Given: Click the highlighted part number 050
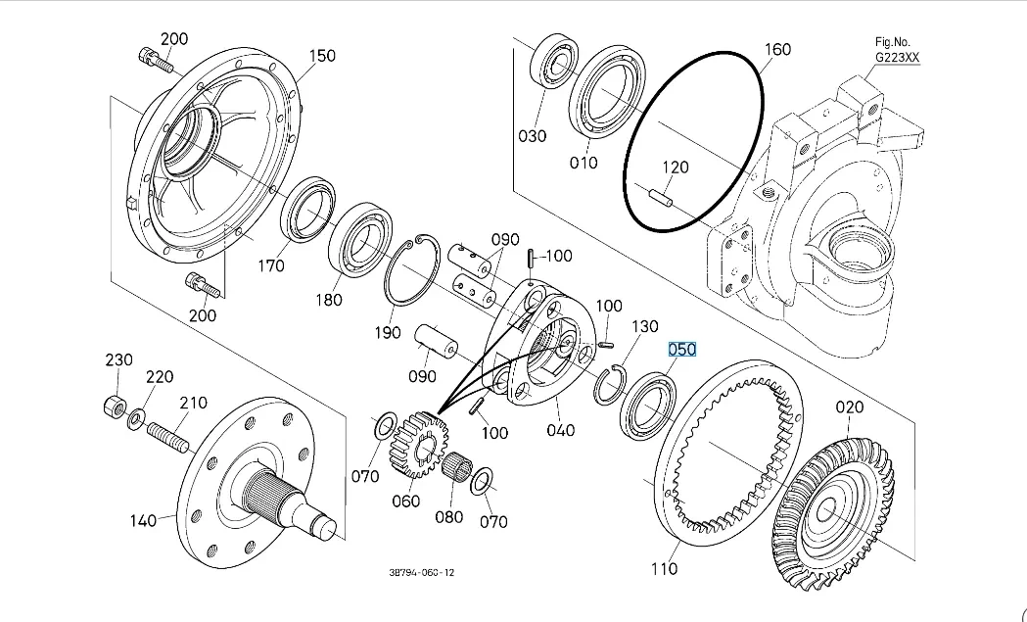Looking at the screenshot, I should (681, 350).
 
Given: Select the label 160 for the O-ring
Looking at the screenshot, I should (776, 49).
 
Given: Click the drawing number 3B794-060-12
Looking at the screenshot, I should (421, 572).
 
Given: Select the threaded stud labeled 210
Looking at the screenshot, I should (167, 435).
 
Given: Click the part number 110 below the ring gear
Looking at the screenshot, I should (664, 568).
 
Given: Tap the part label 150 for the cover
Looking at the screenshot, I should (322, 56).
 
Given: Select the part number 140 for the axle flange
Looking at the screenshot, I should (144, 521).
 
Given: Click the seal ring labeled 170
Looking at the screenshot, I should (310, 209).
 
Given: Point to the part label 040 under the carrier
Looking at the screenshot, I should (561, 430).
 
